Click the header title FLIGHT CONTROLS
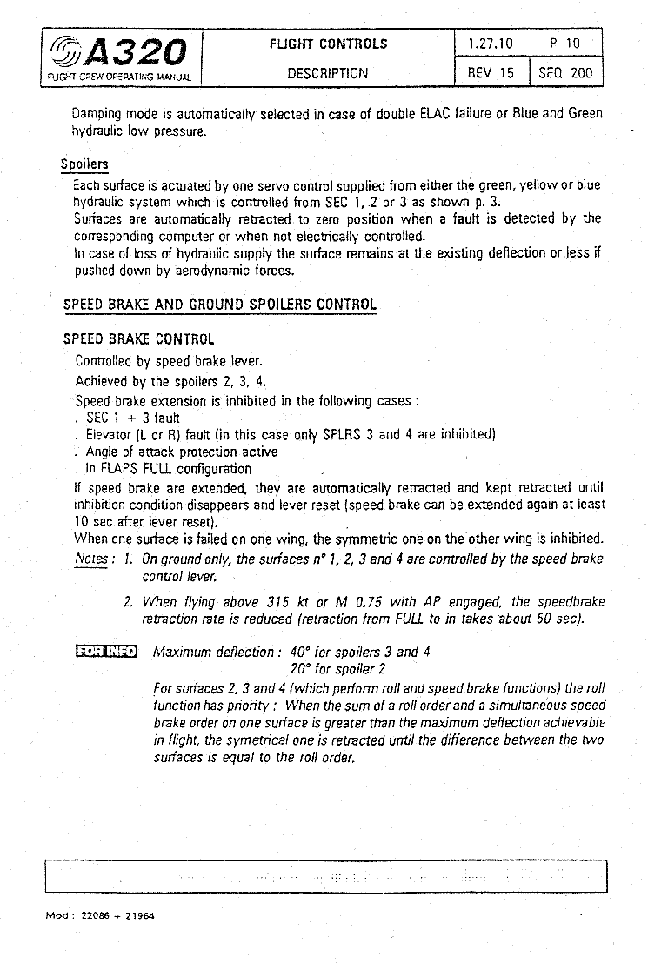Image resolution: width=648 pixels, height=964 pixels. point(328,44)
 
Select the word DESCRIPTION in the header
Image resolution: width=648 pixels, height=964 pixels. point(328,74)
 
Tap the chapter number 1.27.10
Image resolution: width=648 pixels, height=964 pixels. point(490,44)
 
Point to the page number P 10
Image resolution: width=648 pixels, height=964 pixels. point(564,44)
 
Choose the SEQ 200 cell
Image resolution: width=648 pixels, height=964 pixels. point(565,74)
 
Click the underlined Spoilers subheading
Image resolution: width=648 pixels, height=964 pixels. point(84,164)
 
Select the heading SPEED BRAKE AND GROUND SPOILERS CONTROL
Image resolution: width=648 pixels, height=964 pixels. point(220,305)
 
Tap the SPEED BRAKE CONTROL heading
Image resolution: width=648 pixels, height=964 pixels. point(138,339)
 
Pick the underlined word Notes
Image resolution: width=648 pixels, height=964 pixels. point(91,559)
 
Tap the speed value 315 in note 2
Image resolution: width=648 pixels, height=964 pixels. point(276,602)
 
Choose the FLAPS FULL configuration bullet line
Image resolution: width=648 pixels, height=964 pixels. point(169,469)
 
